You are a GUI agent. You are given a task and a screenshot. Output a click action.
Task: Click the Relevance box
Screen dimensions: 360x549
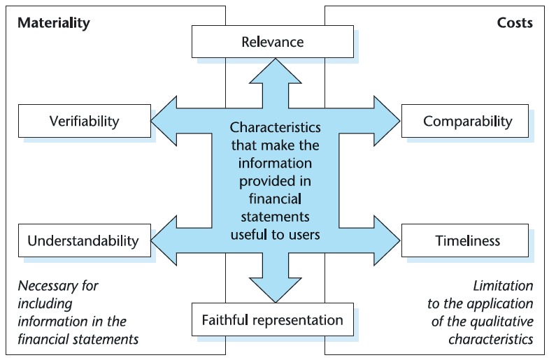[x=272, y=42]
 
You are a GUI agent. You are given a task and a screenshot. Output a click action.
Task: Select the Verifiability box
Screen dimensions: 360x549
[x=84, y=121]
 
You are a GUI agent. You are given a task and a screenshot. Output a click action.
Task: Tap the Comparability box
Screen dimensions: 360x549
[x=467, y=122]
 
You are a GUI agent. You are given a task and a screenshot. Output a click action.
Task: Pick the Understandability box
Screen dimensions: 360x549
[x=83, y=241]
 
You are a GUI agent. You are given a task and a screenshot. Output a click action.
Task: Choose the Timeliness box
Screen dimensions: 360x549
[x=467, y=241]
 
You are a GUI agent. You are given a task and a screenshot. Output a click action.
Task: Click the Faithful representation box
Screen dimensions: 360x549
[x=272, y=320]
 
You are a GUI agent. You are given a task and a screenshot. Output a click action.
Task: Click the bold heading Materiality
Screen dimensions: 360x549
[x=54, y=23]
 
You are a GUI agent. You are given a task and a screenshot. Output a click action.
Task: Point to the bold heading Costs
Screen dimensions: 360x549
[x=515, y=23]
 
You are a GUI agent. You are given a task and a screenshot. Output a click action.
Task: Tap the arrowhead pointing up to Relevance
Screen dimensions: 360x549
[x=275, y=71]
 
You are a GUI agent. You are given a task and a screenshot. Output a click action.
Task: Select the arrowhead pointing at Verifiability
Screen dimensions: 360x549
[x=165, y=117]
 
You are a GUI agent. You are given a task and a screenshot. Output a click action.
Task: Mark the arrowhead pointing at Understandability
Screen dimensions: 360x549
[x=165, y=237]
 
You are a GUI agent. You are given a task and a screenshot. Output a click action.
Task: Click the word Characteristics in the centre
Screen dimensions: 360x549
[x=275, y=128]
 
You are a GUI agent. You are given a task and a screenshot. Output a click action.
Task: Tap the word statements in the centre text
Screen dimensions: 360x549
[x=275, y=217]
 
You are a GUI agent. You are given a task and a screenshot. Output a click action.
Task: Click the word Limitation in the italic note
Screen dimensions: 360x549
[x=503, y=286]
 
